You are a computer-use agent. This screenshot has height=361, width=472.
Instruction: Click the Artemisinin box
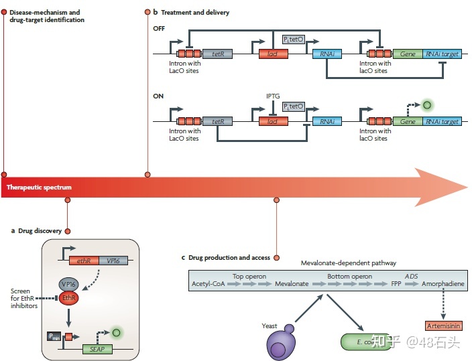(x=442, y=325)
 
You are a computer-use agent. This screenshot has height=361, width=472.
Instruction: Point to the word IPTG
(x=273, y=96)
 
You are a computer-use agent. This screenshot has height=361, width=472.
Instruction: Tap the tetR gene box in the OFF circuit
(x=217, y=54)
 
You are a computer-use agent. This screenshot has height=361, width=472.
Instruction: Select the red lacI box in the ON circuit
(x=273, y=121)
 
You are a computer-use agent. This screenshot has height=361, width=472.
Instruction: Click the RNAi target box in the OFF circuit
(x=442, y=54)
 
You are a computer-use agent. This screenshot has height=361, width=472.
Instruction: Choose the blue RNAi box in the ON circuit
(x=327, y=121)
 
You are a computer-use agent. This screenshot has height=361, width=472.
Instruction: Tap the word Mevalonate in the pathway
(x=292, y=284)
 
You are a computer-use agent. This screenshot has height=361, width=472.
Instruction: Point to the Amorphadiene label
(x=442, y=284)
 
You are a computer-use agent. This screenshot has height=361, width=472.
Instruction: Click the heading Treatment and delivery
(x=194, y=13)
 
